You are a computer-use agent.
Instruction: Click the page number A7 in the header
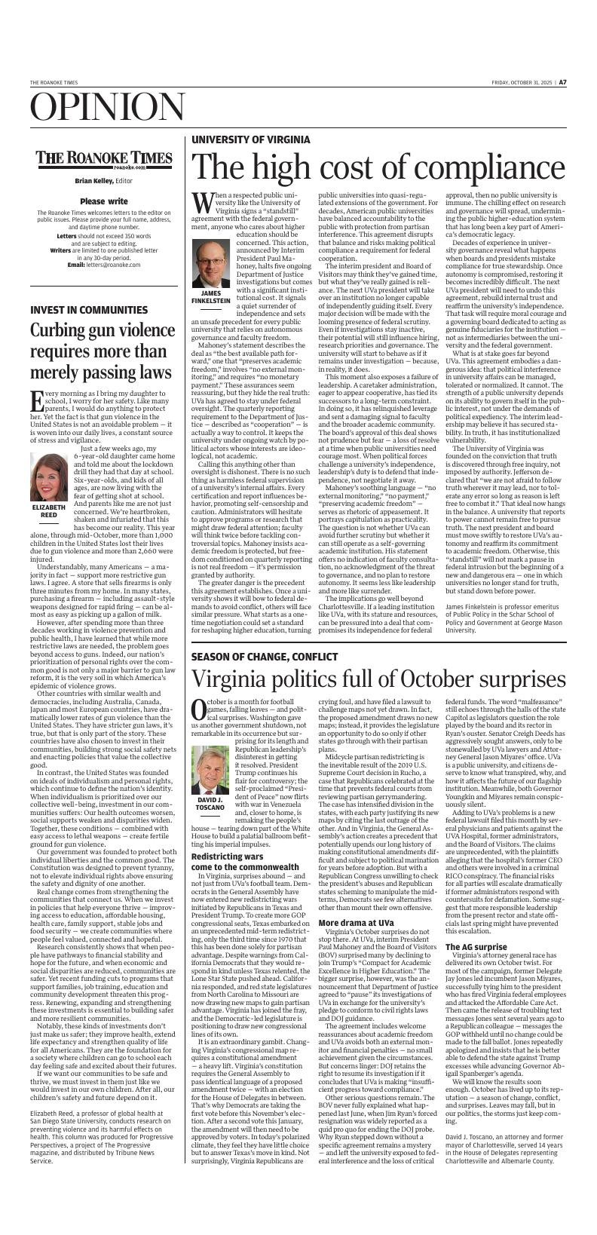tap(562, 82)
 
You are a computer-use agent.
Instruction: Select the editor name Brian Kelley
tap(93, 181)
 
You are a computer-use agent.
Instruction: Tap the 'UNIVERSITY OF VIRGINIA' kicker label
tap(250, 140)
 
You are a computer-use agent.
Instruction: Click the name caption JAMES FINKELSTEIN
tap(211, 296)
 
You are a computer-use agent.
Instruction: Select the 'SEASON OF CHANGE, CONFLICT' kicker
tap(265, 657)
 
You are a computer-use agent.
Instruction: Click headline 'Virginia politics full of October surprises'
tap(378, 680)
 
